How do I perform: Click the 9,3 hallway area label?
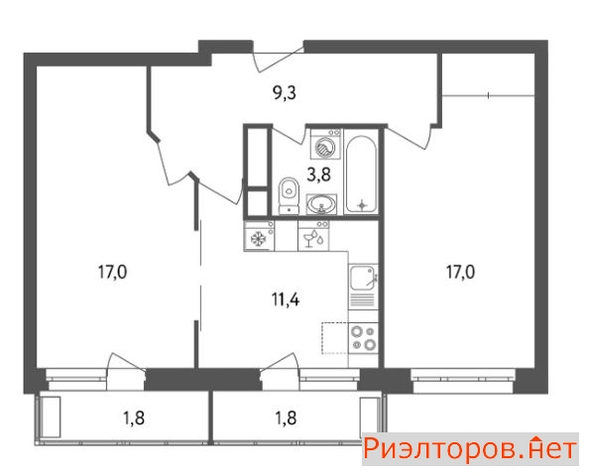click(285, 93)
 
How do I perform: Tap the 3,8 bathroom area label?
click(318, 175)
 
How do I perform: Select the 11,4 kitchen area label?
click(286, 299)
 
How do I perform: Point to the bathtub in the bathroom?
click(361, 175)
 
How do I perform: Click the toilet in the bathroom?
click(289, 195)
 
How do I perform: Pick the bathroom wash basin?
click(321, 204)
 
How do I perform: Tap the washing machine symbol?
click(325, 144)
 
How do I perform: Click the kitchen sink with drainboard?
click(363, 287)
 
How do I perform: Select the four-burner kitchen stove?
click(363, 338)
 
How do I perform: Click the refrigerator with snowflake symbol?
click(259, 236)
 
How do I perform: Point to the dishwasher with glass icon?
click(313, 236)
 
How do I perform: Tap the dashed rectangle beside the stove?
click(335, 338)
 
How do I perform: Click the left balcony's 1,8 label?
click(134, 417)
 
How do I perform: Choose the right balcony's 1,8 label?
click(286, 417)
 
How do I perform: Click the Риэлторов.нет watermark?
click(470, 449)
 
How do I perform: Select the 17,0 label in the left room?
click(113, 272)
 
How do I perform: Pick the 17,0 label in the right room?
click(460, 272)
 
